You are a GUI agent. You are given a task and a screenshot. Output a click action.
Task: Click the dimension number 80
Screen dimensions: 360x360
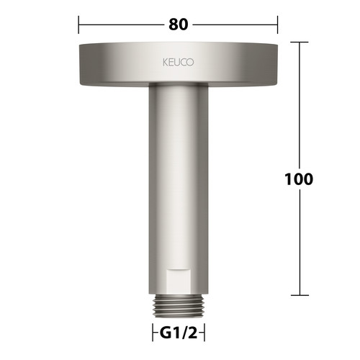[178, 24]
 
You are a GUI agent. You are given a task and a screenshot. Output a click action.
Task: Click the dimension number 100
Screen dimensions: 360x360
[299, 179]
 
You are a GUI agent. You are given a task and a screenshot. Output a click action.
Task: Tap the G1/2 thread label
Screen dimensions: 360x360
[179, 333]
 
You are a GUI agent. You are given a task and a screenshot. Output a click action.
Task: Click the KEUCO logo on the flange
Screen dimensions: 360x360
[178, 63]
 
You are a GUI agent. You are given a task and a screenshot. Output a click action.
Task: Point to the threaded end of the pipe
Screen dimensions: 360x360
[179, 307]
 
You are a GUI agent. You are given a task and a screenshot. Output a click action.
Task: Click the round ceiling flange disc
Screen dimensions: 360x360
[179, 64]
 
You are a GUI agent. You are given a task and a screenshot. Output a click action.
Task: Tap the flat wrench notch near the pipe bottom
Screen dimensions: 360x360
[179, 282]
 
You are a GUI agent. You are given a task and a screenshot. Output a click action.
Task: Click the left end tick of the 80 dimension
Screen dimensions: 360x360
[78, 24]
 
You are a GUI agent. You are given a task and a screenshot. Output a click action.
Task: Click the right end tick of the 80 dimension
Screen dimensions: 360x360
[278, 24]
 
